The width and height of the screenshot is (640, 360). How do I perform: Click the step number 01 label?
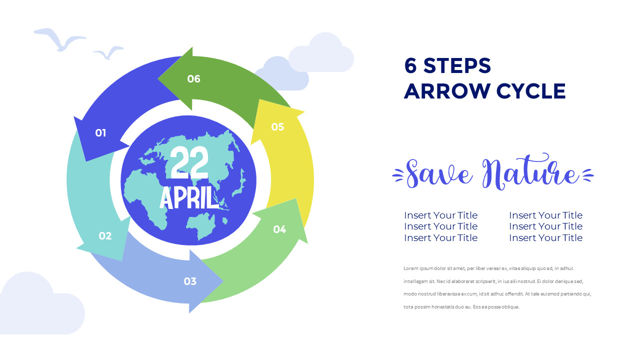tap(101, 132)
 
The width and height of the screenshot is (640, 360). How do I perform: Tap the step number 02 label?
tap(105, 236)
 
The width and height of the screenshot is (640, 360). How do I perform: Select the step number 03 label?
tap(190, 281)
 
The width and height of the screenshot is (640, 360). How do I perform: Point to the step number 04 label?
tap(279, 229)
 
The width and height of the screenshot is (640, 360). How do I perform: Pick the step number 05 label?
tap(277, 127)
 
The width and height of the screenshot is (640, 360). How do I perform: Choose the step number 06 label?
tap(193, 79)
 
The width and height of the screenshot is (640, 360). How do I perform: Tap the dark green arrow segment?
tap(230, 85)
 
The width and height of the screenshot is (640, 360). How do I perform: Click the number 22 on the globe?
tap(189, 162)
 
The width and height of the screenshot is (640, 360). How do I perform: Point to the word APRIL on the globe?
tap(189, 198)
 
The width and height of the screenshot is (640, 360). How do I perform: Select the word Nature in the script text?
tap(531, 173)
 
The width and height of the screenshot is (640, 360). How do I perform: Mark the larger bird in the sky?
tap(59, 38)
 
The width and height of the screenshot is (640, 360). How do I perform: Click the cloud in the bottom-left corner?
tap(37, 305)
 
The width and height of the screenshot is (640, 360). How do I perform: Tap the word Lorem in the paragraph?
tap(410, 268)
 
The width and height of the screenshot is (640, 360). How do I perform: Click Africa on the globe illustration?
tap(147, 192)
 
